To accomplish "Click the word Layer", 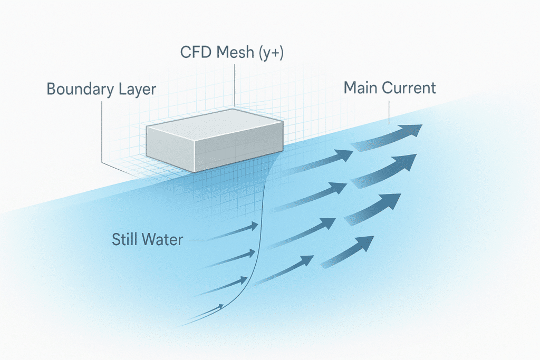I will point(136,90).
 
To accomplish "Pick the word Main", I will point(361,87).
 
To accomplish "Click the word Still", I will point(124,240).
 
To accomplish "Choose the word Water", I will point(162,240).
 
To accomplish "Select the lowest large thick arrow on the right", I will point(348,252).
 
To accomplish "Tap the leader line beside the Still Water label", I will point(195,240).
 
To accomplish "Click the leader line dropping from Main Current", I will point(389,111).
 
